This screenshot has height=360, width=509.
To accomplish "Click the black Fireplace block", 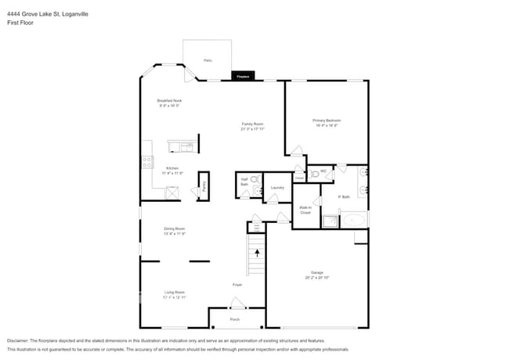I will [242, 76].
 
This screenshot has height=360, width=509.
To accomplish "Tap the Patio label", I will [208, 60].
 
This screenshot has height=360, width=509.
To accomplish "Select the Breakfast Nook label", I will [170, 103].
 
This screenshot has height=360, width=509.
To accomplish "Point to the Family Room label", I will [252, 126].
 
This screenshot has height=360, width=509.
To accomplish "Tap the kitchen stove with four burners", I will [146, 163].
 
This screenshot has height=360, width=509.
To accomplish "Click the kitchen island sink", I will [187, 146].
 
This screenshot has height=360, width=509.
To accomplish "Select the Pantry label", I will [204, 186].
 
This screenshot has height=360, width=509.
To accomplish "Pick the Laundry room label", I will [276, 188].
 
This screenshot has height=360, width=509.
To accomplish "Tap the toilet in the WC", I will [314, 174].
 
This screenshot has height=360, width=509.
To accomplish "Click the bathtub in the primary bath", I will [352, 220].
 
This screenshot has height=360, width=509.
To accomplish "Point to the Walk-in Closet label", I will [305, 210].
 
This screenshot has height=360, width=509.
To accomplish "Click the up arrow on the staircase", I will [257, 254].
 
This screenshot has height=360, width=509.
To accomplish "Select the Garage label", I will [316, 275].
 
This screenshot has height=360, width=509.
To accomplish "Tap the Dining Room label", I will [174, 231].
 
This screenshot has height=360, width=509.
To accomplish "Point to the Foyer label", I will [236, 284].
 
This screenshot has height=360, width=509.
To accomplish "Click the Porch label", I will [235, 319].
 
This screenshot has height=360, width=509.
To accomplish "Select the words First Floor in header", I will [20, 23].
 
